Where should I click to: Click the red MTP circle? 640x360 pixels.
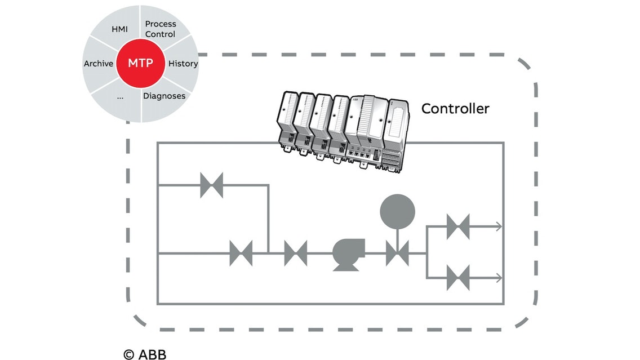(140, 63)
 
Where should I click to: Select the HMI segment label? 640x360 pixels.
(119, 29)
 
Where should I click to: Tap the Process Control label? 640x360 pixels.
(161, 29)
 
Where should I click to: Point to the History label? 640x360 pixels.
(183, 64)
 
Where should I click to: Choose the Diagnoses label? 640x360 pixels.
(164, 96)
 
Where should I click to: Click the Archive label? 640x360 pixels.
(99, 64)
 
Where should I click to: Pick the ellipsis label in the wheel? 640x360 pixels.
(119, 96)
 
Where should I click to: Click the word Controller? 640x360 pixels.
(455, 108)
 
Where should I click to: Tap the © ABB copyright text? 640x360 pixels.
(145, 354)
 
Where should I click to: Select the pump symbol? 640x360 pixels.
(348, 254)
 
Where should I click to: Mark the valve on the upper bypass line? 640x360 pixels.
(212, 185)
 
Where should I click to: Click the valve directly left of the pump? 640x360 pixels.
(296, 254)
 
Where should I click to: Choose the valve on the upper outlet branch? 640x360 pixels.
(458, 226)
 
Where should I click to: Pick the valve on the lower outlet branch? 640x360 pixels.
(458, 278)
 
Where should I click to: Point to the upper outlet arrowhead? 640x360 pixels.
(499, 226)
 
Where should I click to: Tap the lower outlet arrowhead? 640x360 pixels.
(499, 278)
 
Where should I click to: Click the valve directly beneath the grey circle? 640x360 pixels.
(398, 254)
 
